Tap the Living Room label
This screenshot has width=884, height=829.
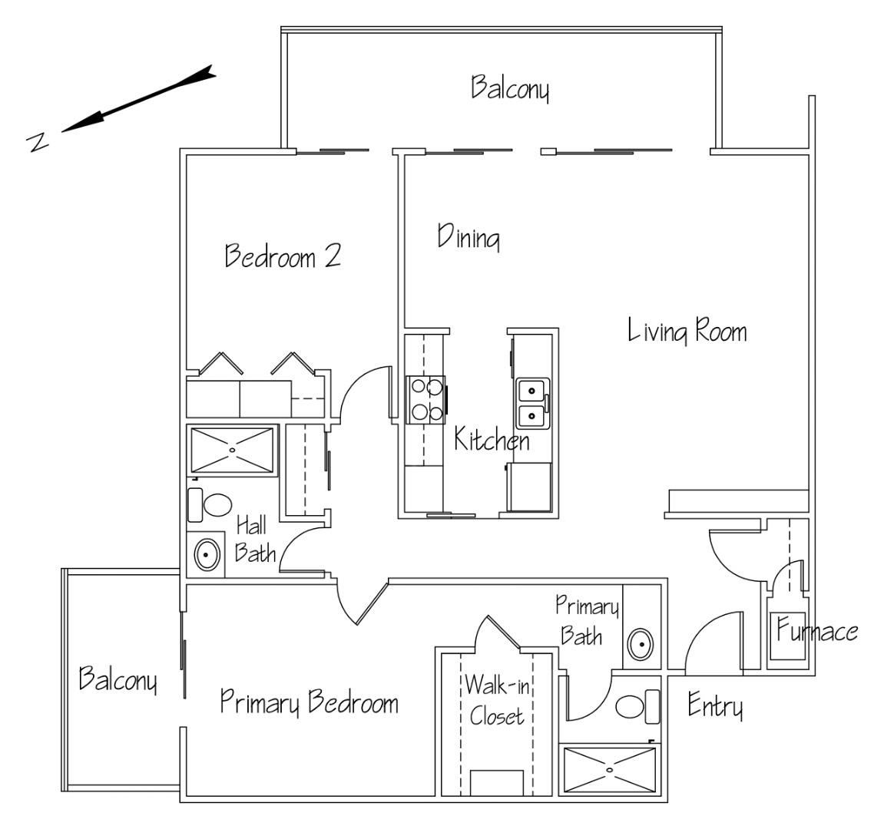point(687,332)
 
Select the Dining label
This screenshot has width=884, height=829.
point(469,237)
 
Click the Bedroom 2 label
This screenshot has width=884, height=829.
point(282,256)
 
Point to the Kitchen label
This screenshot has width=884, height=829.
point(492,441)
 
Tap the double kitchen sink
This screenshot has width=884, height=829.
point(531,403)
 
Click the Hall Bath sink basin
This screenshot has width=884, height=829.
point(206,553)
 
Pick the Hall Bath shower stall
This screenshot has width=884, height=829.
point(232,450)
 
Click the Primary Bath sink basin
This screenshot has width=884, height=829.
point(639,643)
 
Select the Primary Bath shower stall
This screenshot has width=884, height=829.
point(611,769)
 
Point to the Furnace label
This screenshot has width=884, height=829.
point(816,632)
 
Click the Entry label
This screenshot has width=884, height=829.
point(715,705)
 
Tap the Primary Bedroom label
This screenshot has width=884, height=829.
point(309,702)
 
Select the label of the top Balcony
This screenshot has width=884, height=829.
point(510,88)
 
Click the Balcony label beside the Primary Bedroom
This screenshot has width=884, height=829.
point(119,680)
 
